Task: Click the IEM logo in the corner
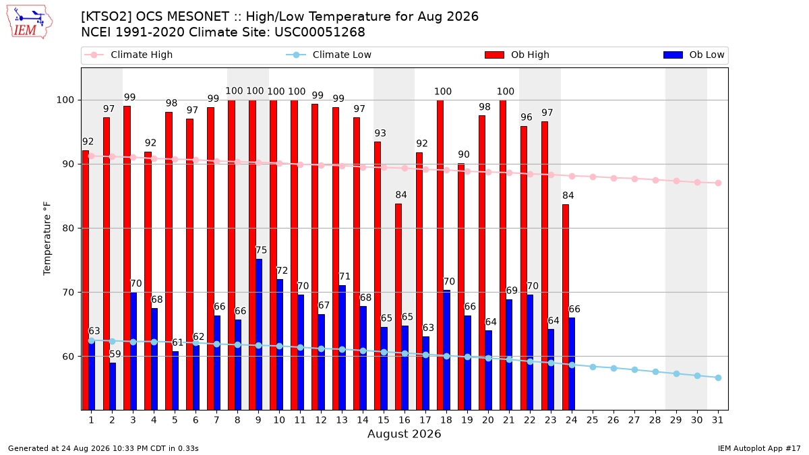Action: click(30, 22)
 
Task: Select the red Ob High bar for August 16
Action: click(398, 307)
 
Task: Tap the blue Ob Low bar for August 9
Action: click(259, 334)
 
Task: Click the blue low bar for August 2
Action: click(113, 386)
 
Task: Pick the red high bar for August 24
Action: click(566, 307)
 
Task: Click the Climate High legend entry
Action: click(129, 55)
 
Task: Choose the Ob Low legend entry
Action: click(694, 55)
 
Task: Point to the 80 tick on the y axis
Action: click(68, 229)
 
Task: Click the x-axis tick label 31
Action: click(717, 420)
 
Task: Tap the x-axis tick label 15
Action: click(384, 420)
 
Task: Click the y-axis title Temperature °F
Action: click(47, 239)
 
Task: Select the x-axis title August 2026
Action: click(404, 433)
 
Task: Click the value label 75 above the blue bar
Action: click(261, 250)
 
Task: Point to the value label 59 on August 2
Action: click(115, 355)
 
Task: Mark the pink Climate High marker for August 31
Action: click(718, 183)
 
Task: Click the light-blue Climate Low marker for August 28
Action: click(655, 372)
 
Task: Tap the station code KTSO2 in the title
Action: click(107, 17)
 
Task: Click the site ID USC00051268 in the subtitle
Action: click(320, 32)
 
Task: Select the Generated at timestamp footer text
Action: click(103, 448)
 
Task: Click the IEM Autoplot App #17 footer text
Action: click(759, 448)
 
